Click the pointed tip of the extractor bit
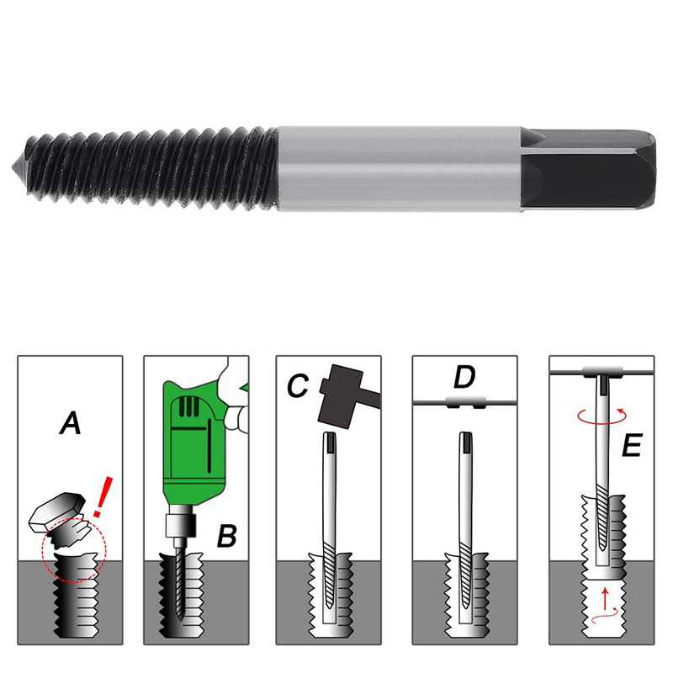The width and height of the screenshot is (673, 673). point(13,166)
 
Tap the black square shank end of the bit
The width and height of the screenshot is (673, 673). point(588,170)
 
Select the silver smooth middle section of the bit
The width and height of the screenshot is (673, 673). point(399,169)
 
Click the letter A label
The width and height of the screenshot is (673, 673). point(71,423)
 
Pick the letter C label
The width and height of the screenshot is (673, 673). point(298,385)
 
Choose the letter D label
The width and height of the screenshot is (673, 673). point(464,377)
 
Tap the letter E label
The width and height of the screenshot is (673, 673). point(632,445)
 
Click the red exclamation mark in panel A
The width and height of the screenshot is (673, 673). point(103,496)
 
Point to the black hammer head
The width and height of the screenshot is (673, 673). point(342,395)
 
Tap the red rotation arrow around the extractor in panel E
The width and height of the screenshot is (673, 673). point(602,416)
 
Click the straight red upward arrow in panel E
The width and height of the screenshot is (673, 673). point(605,599)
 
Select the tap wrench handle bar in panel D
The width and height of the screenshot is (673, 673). point(465,402)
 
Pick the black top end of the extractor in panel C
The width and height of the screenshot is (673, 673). point(330,442)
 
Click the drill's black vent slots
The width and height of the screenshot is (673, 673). point(188,406)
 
